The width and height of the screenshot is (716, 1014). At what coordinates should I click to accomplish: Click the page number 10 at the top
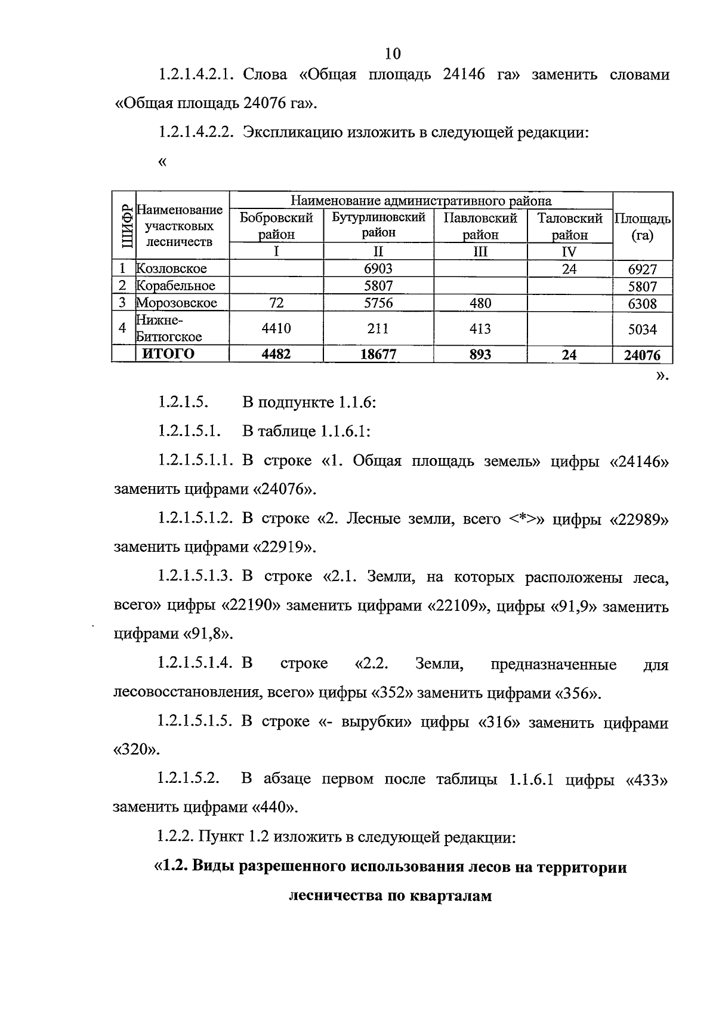click(393, 54)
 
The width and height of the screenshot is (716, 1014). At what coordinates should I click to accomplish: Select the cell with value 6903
click(378, 269)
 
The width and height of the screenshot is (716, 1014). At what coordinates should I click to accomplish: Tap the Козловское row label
click(172, 269)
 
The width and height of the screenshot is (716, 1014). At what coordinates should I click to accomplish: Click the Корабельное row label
click(175, 285)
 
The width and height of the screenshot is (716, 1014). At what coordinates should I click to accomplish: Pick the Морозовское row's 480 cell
click(480, 303)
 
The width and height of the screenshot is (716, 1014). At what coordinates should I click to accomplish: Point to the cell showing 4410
click(276, 328)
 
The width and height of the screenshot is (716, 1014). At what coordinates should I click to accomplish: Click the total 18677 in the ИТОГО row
click(378, 355)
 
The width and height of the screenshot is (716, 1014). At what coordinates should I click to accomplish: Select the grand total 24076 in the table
click(642, 355)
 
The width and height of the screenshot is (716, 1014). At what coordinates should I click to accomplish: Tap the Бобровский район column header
click(276, 226)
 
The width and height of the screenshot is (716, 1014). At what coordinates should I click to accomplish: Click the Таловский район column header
click(570, 226)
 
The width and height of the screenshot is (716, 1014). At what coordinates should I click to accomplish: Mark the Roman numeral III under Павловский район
click(480, 251)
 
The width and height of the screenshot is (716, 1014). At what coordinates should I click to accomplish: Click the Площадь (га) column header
click(642, 226)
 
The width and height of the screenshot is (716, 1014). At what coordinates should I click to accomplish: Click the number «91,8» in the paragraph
click(208, 634)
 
